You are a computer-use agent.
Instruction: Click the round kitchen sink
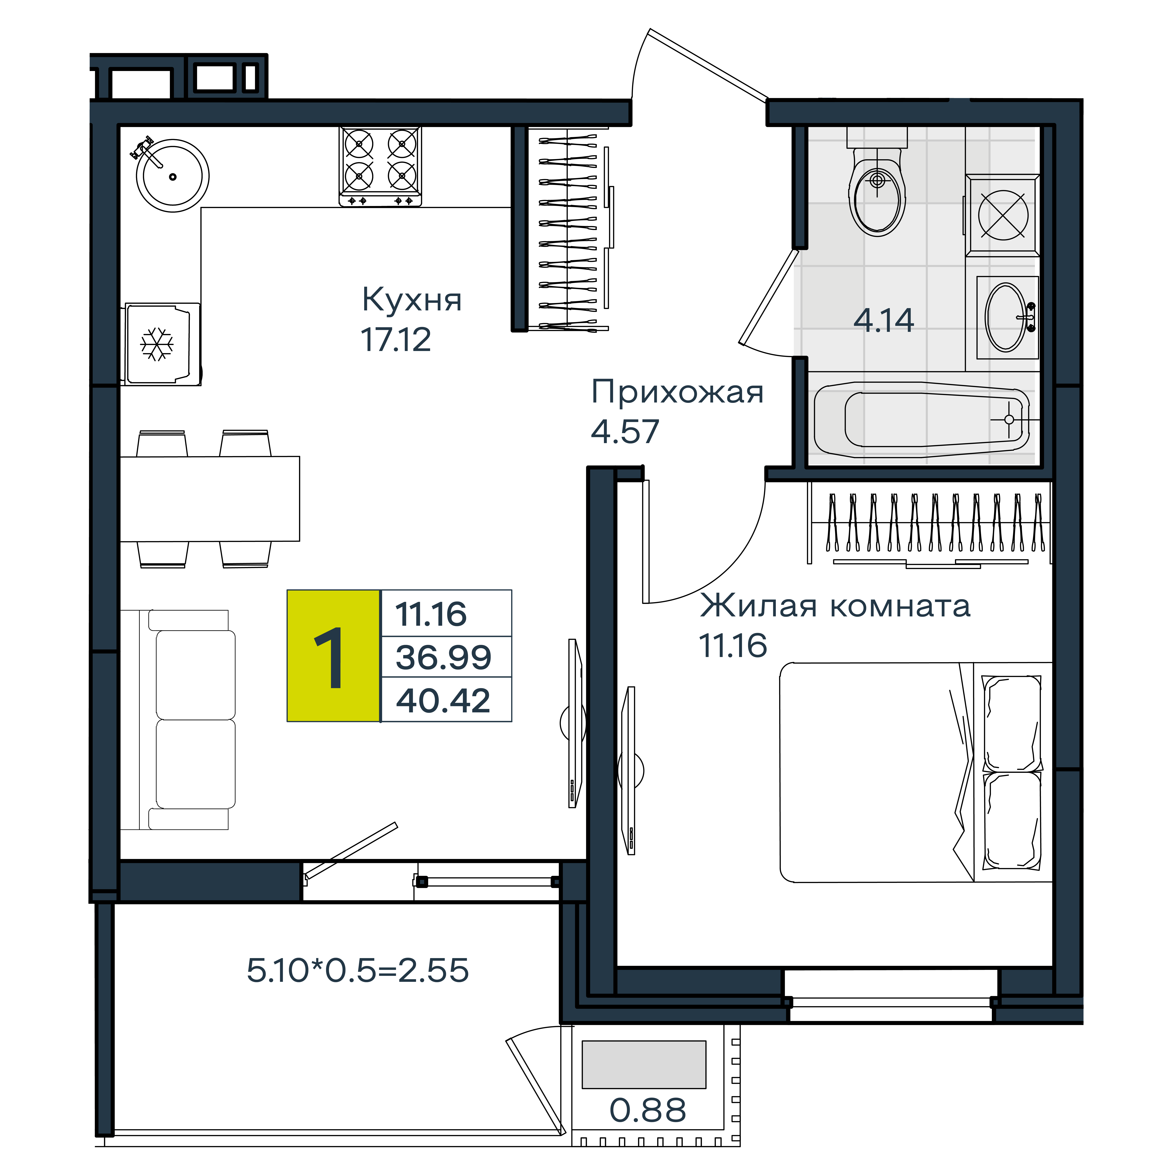[173, 176]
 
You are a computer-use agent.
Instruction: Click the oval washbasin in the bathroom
[1007, 317]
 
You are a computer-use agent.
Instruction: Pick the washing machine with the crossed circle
[1003, 215]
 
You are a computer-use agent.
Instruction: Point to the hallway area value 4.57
[625, 431]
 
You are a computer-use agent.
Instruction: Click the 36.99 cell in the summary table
[443, 657]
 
